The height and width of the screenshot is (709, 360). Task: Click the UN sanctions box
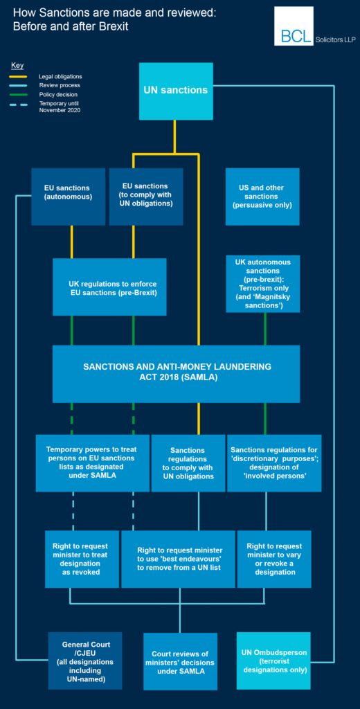pyautogui.click(x=176, y=91)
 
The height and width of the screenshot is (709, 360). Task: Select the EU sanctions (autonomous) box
pyautogui.click(x=69, y=197)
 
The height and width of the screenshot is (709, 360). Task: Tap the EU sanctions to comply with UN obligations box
pyautogui.click(x=146, y=197)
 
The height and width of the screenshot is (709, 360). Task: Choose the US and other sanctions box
pyautogui.click(x=262, y=197)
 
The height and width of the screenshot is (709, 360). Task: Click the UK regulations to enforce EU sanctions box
pyautogui.click(x=109, y=287)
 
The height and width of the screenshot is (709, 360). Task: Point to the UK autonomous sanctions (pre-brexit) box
pyautogui.click(x=263, y=284)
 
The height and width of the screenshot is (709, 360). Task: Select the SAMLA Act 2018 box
pyautogui.click(x=177, y=374)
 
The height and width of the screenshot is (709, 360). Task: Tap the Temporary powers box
pyautogui.click(x=93, y=463)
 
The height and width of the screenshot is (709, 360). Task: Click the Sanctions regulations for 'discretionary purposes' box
pyautogui.click(x=275, y=463)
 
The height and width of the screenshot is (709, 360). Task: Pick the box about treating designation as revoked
pyautogui.click(x=82, y=559)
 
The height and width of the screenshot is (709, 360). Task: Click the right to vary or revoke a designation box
pyautogui.click(x=274, y=559)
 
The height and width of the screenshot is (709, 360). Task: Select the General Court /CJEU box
pyautogui.click(x=85, y=661)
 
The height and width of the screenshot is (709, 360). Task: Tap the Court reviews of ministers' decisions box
pyautogui.click(x=181, y=661)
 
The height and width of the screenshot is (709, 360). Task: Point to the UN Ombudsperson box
pyautogui.click(x=273, y=661)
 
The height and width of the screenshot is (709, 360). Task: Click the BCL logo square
pyautogui.click(x=294, y=26)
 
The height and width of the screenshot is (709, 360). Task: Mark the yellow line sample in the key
pyautogui.click(x=19, y=76)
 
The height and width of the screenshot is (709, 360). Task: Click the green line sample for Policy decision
pyautogui.click(x=19, y=94)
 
